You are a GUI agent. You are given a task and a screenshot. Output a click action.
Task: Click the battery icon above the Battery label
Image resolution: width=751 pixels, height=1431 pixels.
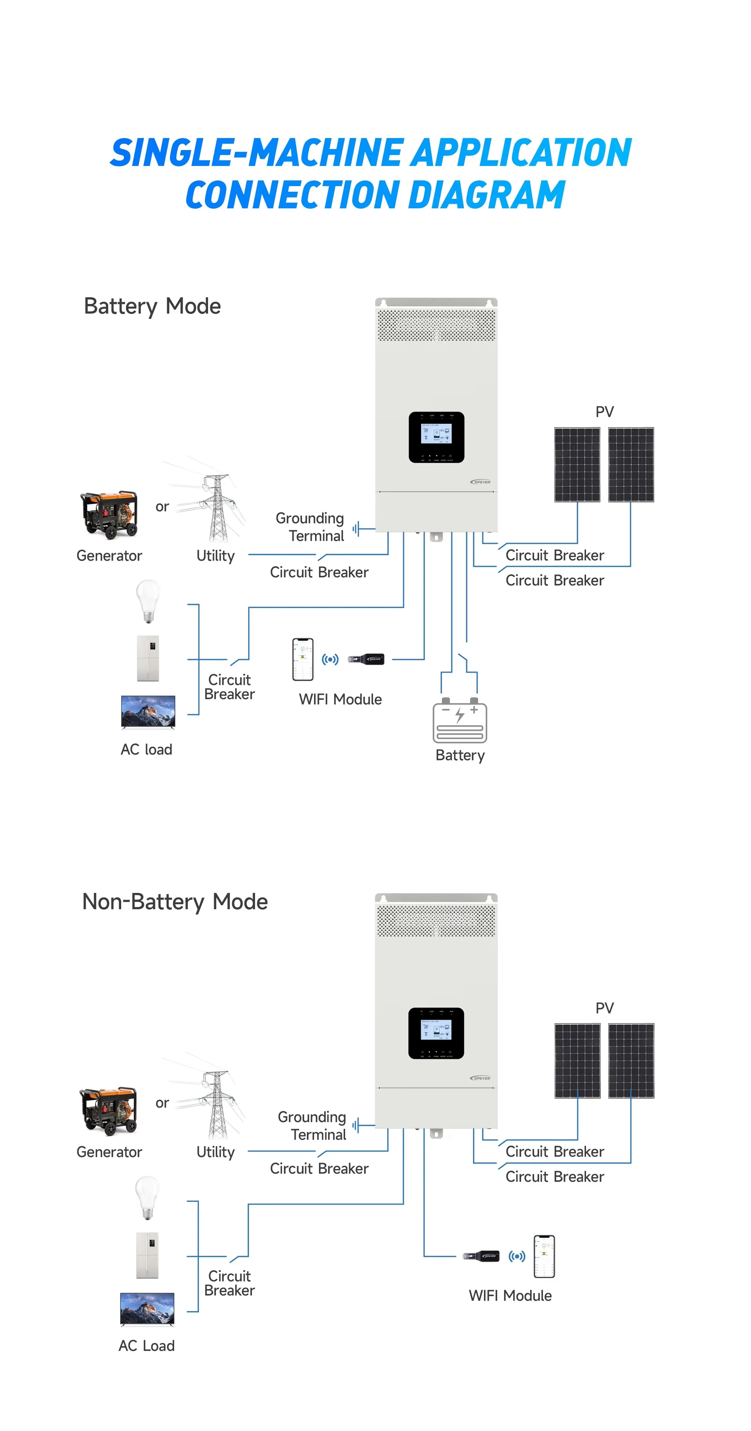click(x=459, y=721)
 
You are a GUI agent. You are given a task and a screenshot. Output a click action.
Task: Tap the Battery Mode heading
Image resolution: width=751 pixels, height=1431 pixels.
click(x=152, y=306)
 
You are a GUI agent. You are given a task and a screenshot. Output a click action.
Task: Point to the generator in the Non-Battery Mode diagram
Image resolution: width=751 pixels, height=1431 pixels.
click(x=109, y=1110)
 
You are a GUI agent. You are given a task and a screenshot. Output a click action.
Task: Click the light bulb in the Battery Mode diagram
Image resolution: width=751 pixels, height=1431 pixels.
click(x=148, y=601)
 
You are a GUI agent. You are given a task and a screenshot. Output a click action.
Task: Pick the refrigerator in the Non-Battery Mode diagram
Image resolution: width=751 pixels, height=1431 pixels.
click(x=147, y=1255)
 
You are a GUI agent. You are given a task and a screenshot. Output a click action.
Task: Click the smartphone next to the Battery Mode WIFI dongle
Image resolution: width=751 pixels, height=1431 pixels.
click(x=303, y=660)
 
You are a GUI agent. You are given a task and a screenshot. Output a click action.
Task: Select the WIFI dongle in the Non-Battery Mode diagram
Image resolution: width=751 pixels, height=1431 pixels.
click(x=482, y=1256)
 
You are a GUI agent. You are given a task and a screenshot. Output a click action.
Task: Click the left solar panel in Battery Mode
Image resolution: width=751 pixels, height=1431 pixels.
click(x=577, y=464)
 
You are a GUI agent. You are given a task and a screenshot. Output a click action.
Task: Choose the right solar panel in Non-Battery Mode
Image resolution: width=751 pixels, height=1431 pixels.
click(x=631, y=1061)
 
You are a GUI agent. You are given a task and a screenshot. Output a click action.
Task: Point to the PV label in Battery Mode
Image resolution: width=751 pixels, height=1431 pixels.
click(x=604, y=412)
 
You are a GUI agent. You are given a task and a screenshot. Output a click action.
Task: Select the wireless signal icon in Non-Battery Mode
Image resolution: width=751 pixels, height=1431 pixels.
click(x=516, y=1256)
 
